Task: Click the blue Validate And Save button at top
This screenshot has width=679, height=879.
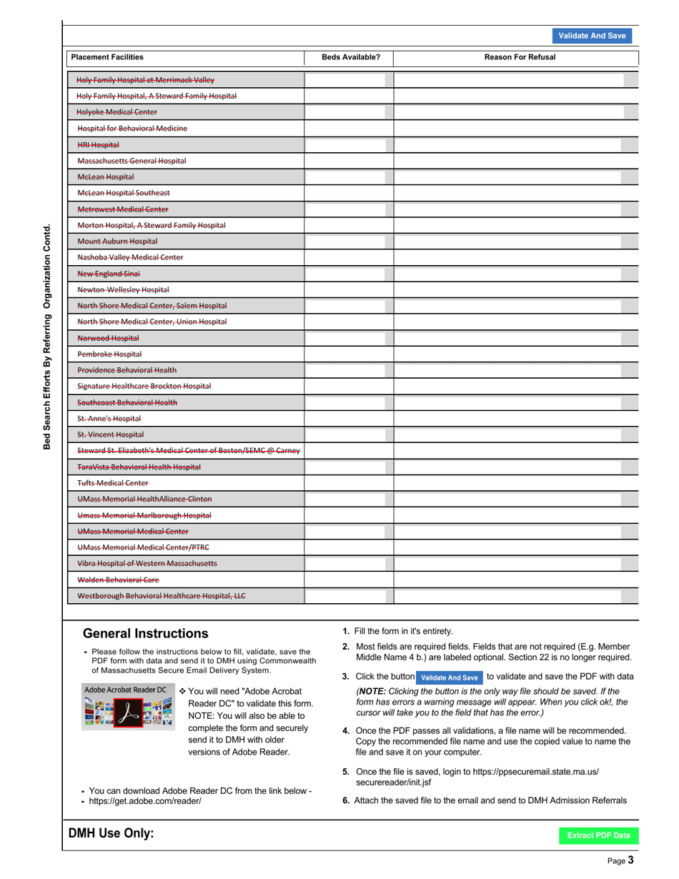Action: [x=592, y=36]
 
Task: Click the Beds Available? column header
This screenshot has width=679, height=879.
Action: [x=350, y=57]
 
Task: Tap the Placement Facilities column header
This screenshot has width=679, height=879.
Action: [x=106, y=57]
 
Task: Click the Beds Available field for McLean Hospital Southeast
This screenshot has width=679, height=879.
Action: [x=349, y=193]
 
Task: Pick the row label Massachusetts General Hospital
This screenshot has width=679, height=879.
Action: [x=132, y=161]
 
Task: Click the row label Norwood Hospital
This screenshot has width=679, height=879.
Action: [x=108, y=338]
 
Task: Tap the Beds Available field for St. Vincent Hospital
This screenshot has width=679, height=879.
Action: [x=349, y=434]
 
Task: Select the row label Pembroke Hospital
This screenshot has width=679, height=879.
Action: [x=109, y=354]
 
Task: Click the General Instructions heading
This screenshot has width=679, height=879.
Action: [x=146, y=633]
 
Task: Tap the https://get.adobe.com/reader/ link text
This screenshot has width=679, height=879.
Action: [x=145, y=801]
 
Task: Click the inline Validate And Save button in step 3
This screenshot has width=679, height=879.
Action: [x=449, y=677]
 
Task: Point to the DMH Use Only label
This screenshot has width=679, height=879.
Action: [x=111, y=834]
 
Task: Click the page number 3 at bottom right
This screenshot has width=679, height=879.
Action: [x=631, y=860]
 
